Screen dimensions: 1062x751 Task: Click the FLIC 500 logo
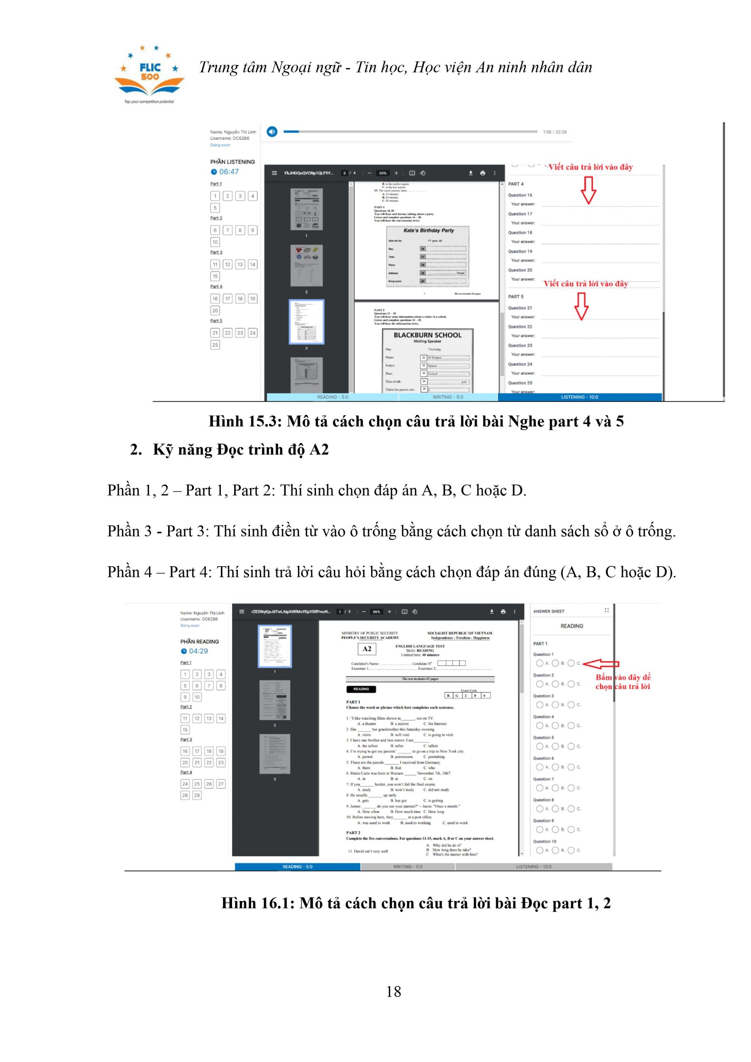pyautogui.click(x=149, y=74)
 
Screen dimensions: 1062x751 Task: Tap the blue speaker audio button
pyautogui.click(x=272, y=132)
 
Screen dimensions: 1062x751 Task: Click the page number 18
pyautogui.click(x=394, y=991)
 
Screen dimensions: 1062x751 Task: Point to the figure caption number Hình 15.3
pyautogui.click(x=245, y=421)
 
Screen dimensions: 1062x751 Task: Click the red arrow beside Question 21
pyautogui.click(x=581, y=306)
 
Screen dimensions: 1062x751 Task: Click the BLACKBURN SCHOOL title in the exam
pyautogui.click(x=427, y=335)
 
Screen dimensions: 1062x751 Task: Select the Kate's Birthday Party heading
pyautogui.click(x=428, y=230)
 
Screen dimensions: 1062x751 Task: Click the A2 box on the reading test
pyautogui.click(x=367, y=649)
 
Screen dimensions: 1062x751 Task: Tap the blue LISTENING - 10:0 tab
pyautogui.click(x=579, y=397)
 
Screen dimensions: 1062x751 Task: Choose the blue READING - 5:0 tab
pyautogui.click(x=297, y=866)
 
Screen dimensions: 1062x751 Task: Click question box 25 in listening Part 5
pyautogui.click(x=215, y=345)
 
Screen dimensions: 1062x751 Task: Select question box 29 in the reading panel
pyautogui.click(x=197, y=795)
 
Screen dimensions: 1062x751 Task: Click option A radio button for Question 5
pyautogui.click(x=539, y=746)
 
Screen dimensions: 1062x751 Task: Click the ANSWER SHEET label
pyautogui.click(x=549, y=611)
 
